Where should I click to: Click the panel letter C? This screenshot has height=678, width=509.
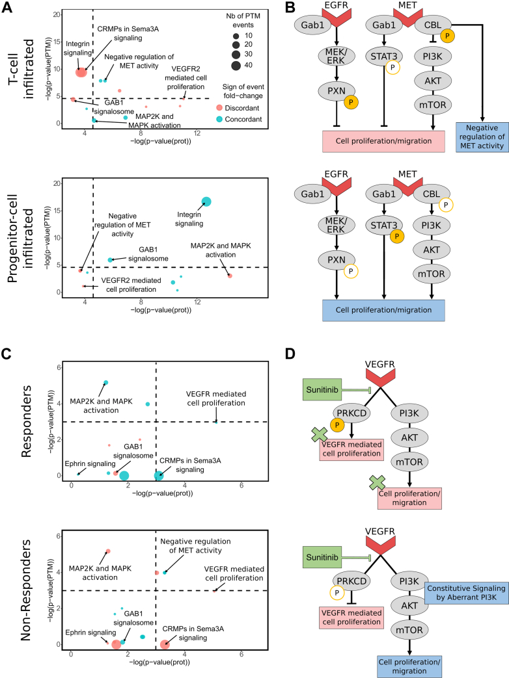(7, 354)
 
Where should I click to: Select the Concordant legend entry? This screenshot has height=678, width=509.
(239, 119)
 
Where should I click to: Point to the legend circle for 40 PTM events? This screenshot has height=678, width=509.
(236, 65)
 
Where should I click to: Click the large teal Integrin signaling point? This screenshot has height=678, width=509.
(206, 202)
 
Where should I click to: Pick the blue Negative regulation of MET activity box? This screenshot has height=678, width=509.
(482, 137)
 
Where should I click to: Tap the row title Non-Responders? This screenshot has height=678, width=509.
(26, 590)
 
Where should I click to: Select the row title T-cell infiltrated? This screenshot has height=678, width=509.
(23, 69)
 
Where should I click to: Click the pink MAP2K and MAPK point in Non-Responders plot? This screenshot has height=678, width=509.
(108, 551)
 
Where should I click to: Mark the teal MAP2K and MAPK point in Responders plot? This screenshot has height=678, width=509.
(105, 383)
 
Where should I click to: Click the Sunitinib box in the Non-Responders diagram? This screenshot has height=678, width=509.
(322, 557)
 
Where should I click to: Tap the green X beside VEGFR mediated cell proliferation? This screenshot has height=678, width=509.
(320, 435)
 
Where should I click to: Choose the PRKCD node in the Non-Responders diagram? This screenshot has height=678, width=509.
(351, 581)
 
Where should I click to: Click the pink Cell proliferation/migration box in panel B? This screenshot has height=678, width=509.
(383, 141)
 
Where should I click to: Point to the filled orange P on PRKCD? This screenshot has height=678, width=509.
(337, 425)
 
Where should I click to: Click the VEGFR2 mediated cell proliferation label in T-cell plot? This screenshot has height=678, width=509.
(186, 78)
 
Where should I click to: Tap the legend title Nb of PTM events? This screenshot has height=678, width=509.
(243, 20)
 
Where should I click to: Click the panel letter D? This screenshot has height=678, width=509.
(290, 354)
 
